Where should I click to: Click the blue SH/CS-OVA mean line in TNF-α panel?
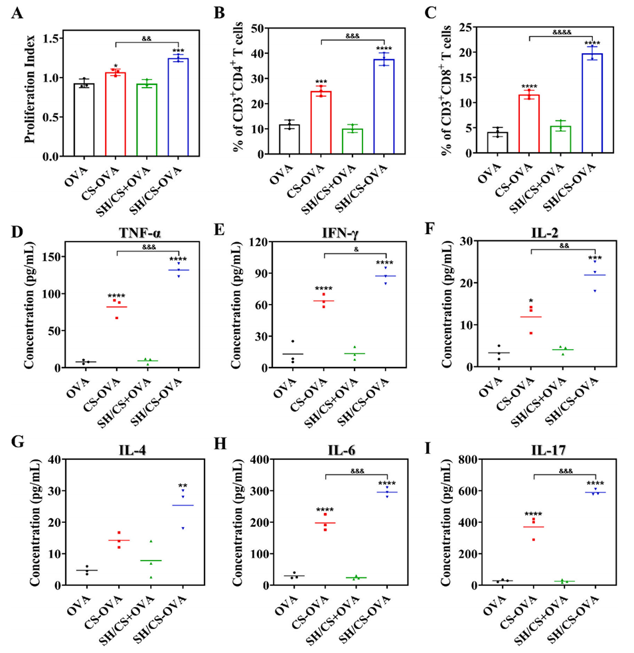click(x=178, y=270)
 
